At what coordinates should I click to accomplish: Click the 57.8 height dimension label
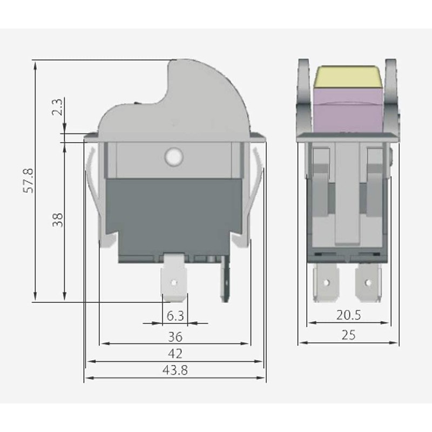[30, 180]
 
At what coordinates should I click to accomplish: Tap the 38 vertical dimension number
[58, 219]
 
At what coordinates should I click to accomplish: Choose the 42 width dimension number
[175, 354]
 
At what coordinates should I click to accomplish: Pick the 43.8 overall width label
[175, 371]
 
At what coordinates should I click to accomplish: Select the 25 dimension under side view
[348, 335]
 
